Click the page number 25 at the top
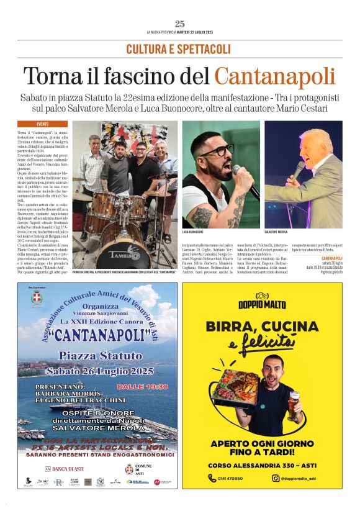tap(180, 24)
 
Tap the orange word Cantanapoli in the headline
tap(275, 76)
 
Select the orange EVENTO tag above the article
tap(43, 124)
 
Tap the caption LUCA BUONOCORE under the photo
tap(194, 231)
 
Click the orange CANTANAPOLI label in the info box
tap(331, 258)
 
